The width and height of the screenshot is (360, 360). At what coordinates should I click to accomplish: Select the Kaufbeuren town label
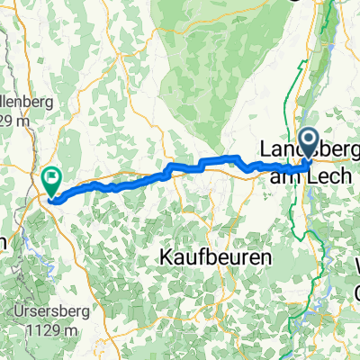(215, 256)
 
